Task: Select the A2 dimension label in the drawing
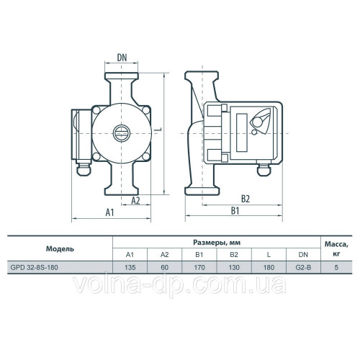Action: pyautogui.click(x=135, y=200)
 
